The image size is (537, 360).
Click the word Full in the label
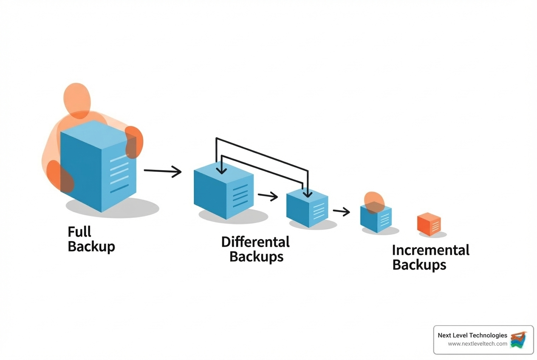(79, 232)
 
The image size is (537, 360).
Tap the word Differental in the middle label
(255, 242)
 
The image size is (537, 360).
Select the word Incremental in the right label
(430, 250)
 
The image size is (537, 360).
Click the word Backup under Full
(91, 246)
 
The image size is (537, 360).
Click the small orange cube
(429, 224)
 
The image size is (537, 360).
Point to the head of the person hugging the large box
(77, 98)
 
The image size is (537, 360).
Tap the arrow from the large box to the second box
(163, 171)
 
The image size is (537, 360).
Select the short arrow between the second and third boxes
(268, 196)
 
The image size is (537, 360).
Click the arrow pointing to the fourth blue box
(341, 211)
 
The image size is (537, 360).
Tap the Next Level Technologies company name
(472, 335)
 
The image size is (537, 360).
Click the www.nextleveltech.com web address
(478, 344)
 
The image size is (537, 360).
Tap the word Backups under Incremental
(419, 265)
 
